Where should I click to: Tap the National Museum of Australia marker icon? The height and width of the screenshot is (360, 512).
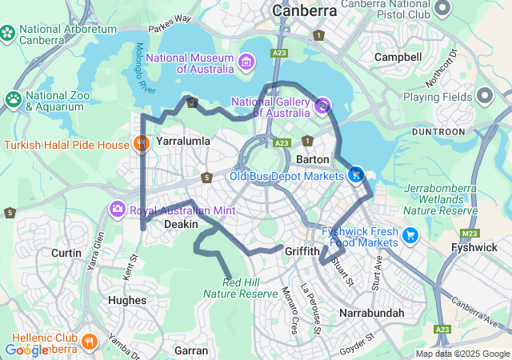pos(246,62)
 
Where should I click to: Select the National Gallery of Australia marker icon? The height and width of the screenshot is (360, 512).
pos(322,104)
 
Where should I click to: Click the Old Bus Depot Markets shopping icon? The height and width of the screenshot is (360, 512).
pos(356,174)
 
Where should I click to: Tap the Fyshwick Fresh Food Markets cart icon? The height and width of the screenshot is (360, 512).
pos(410,234)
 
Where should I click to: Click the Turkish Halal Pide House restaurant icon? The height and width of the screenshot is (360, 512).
pos(142,144)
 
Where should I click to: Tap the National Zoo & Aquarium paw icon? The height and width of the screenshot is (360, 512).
pos(14,98)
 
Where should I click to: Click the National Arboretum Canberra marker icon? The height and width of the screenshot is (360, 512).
pos(8,33)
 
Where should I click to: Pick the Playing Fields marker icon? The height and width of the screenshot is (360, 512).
pos(484,96)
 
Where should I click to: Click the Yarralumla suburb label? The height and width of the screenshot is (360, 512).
pos(183,141)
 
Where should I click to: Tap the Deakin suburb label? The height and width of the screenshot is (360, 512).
pos(181,225)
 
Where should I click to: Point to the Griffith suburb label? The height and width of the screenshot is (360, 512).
pos(302,250)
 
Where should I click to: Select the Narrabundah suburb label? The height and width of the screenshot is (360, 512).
pos(371,313)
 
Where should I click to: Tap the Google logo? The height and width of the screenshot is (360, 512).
pos(26,350)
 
